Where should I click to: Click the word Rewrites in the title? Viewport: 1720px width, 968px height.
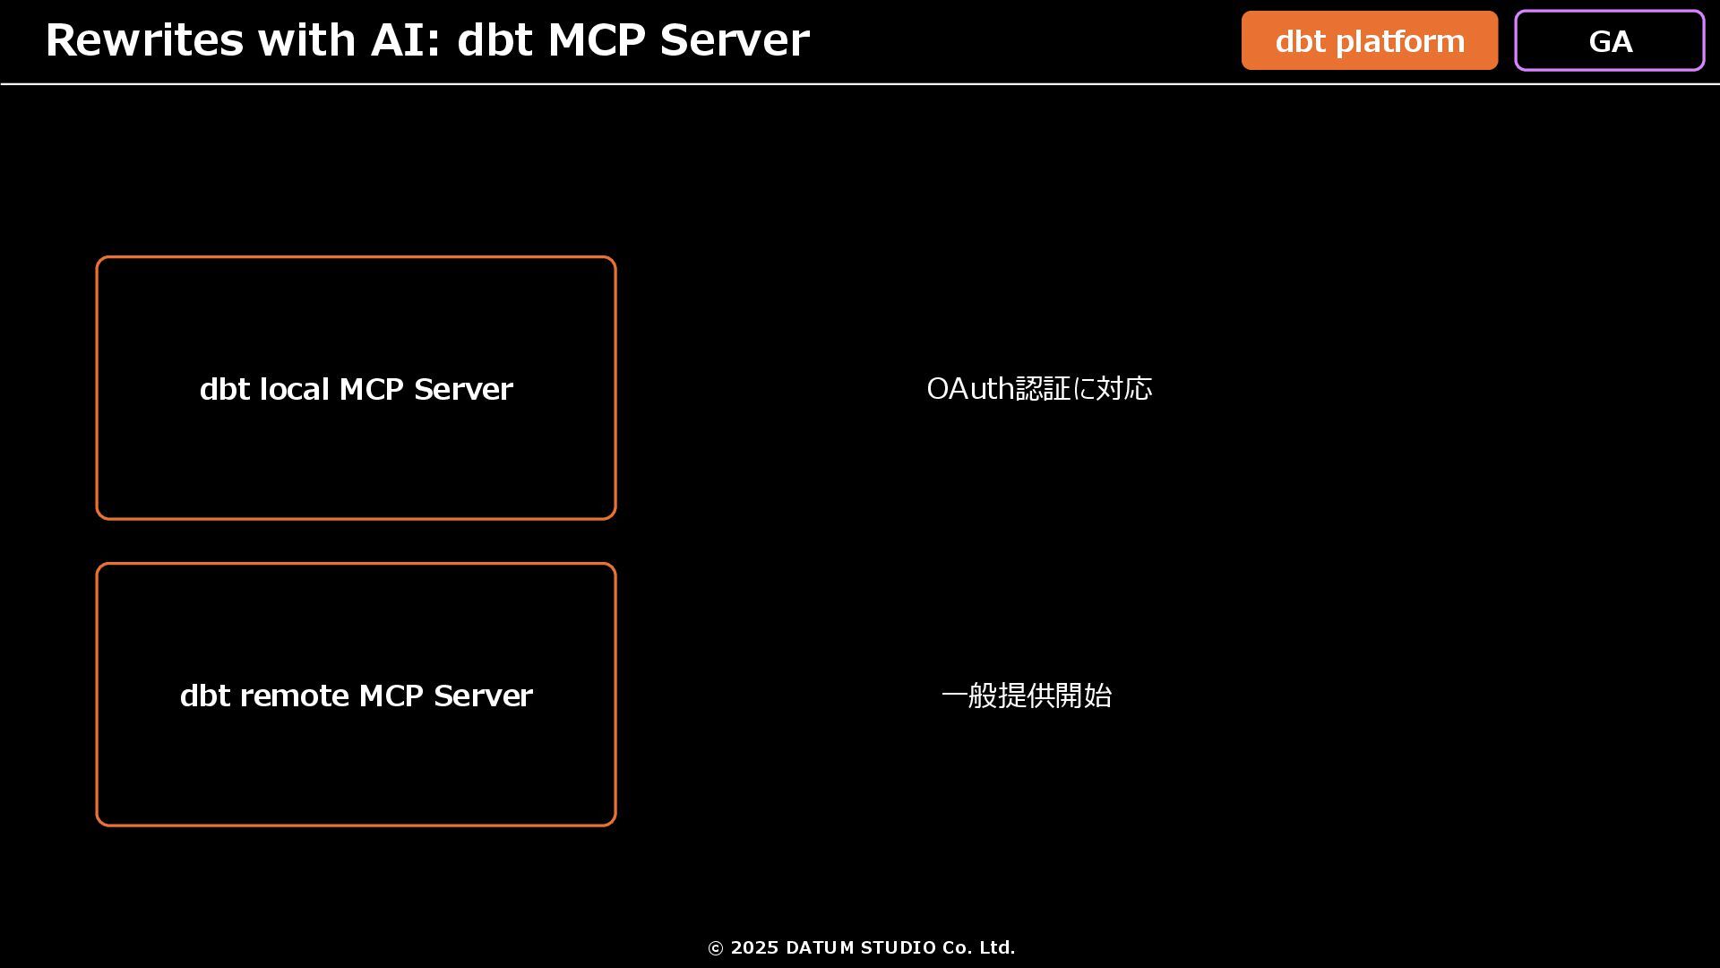point(143,40)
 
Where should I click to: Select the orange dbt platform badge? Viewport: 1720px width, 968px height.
point(1369,41)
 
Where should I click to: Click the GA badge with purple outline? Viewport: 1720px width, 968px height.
point(1609,41)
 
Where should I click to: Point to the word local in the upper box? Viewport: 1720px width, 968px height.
point(294,389)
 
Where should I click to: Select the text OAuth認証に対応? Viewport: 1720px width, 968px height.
point(1039,389)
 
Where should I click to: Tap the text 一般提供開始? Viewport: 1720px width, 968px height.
point(1027,696)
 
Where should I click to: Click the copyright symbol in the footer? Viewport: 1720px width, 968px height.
point(715,948)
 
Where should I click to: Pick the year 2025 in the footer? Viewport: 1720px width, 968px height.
point(754,948)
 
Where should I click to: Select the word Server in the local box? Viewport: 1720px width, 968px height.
point(463,389)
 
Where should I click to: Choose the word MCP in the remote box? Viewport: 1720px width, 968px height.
point(391,696)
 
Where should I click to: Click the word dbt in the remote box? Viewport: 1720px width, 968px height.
point(205,696)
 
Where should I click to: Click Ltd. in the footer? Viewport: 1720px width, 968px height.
point(997,948)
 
